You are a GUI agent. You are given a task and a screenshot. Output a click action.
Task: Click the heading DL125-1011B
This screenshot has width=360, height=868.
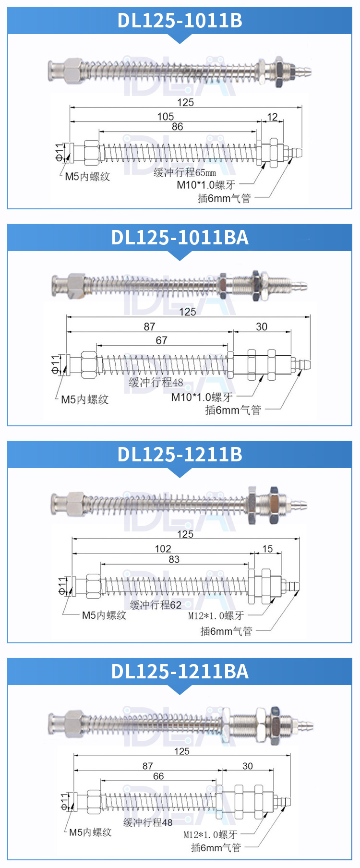(180, 20)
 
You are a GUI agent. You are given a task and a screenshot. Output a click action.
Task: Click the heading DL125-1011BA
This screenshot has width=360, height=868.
(180, 237)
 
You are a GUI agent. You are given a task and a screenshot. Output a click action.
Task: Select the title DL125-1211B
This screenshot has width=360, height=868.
(180, 454)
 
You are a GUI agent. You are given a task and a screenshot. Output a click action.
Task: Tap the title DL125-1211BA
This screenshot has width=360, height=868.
(180, 671)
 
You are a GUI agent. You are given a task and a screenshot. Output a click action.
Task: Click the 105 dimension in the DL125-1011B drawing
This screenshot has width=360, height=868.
(166, 116)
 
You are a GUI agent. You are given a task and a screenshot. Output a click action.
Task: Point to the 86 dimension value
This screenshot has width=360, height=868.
(178, 126)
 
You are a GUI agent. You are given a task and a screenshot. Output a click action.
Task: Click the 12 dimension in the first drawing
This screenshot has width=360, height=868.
(272, 117)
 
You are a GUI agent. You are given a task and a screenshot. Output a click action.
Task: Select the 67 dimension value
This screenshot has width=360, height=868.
(161, 340)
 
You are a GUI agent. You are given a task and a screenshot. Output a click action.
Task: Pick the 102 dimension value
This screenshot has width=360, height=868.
(163, 548)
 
